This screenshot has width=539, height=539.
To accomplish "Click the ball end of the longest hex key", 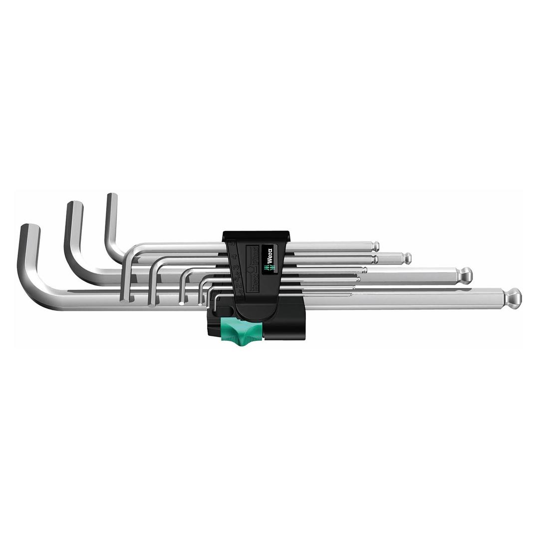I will point(513,298).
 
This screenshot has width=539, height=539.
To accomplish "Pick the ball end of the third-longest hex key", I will point(407,258).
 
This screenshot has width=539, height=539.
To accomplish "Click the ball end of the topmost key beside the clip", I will point(375,246).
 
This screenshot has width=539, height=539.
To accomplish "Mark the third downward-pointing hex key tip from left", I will point(182,301).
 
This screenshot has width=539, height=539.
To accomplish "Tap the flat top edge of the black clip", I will point(256,233).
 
